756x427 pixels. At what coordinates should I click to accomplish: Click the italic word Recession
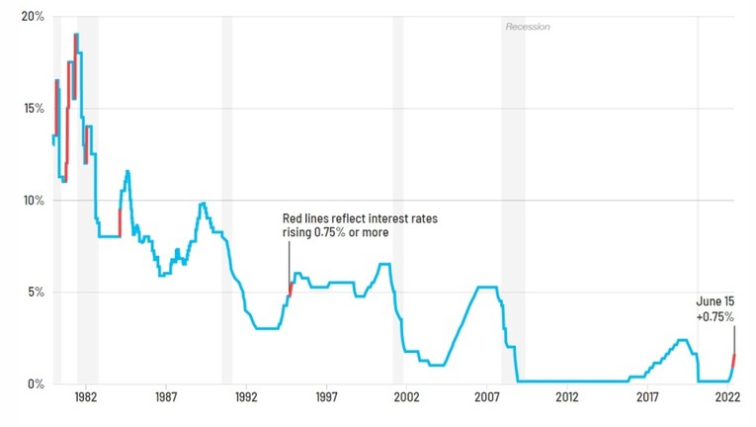tap(527, 27)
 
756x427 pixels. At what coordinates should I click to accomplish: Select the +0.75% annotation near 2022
tap(714, 316)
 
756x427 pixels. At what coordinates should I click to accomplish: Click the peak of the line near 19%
tap(76, 35)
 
